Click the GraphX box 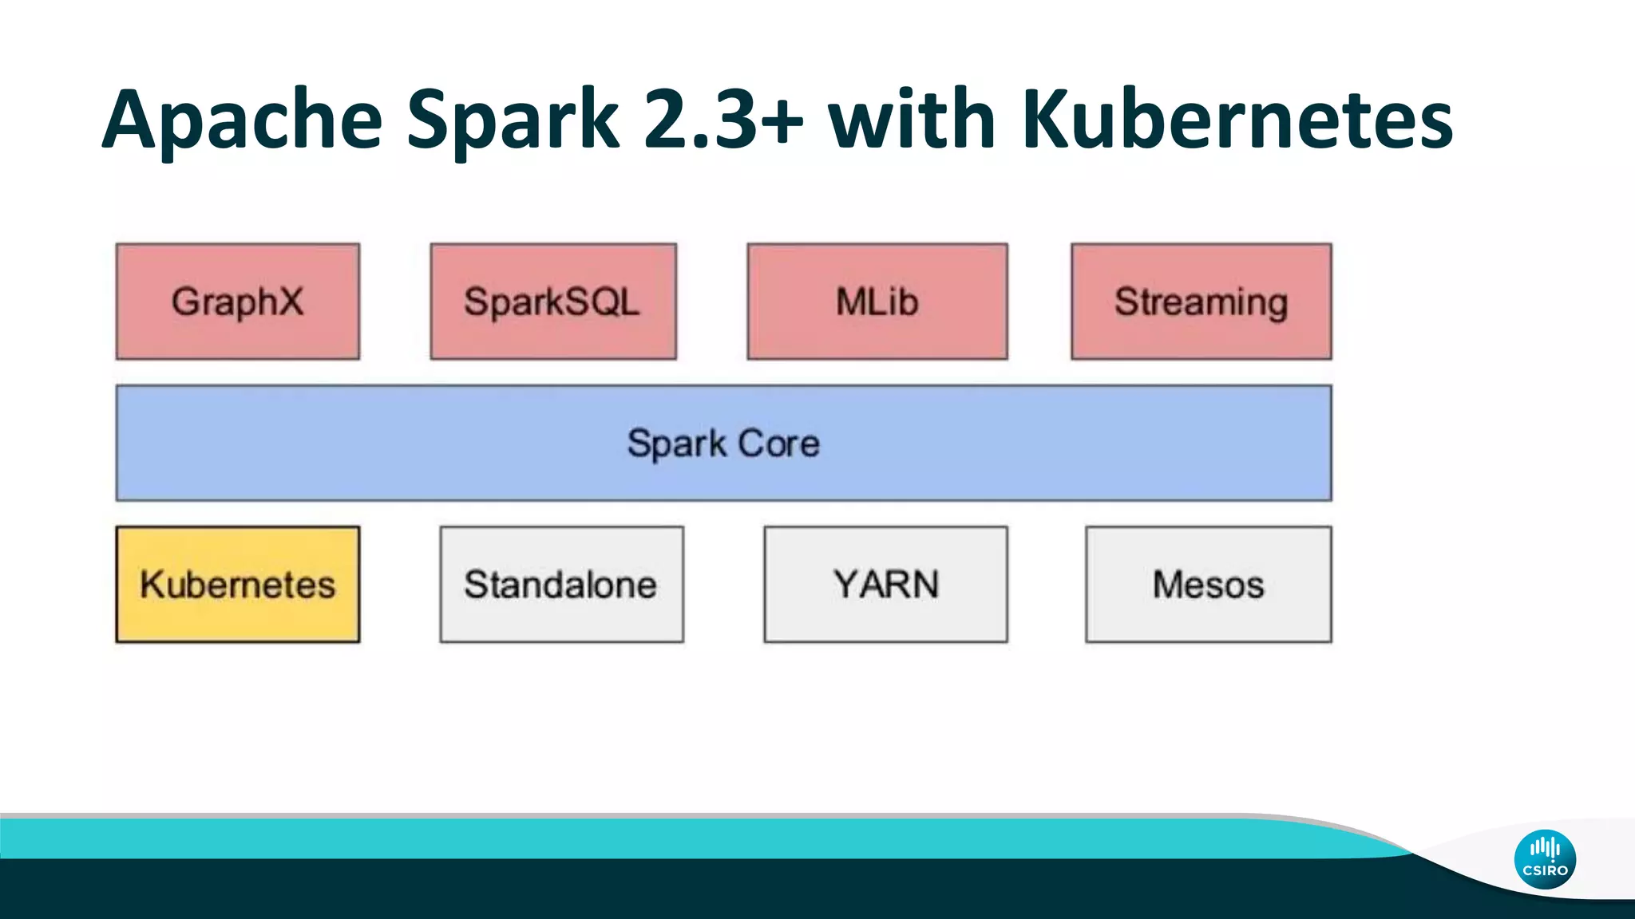(x=237, y=302)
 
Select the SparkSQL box (x=552, y=302)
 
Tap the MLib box (x=877, y=302)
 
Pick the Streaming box (x=1201, y=302)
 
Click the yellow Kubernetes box (x=237, y=584)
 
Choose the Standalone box (x=560, y=584)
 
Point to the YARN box (x=885, y=584)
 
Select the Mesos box (x=1208, y=584)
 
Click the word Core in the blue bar (x=778, y=444)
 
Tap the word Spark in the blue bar (x=676, y=444)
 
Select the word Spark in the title (x=513, y=120)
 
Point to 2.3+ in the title (x=723, y=120)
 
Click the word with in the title (x=911, y=120)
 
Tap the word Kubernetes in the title (x=1237, y=120)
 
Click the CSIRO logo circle (x=1545, y=859)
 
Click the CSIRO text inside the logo (x=1545, y=870)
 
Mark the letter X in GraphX (x=289, y=302)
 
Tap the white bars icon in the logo (x=1545, y=847)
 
